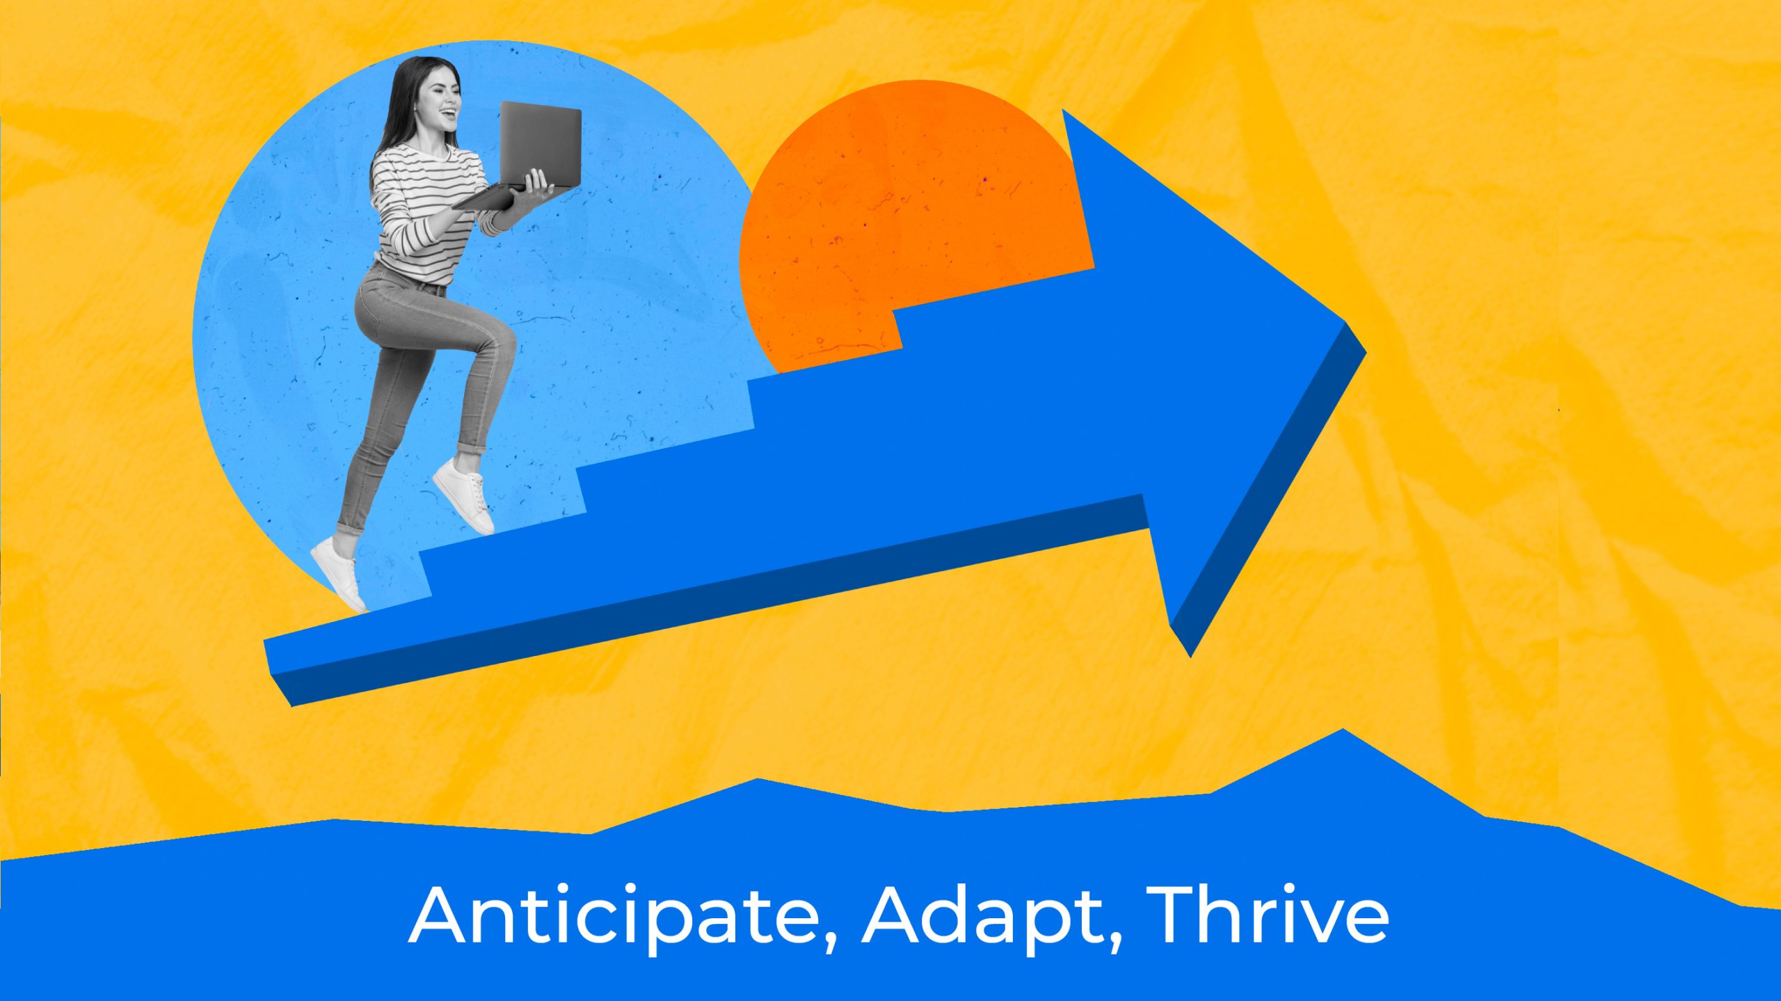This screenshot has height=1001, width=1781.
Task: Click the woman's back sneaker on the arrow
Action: point(338,575)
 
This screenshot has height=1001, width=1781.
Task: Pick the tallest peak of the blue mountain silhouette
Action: point(1343,730)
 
